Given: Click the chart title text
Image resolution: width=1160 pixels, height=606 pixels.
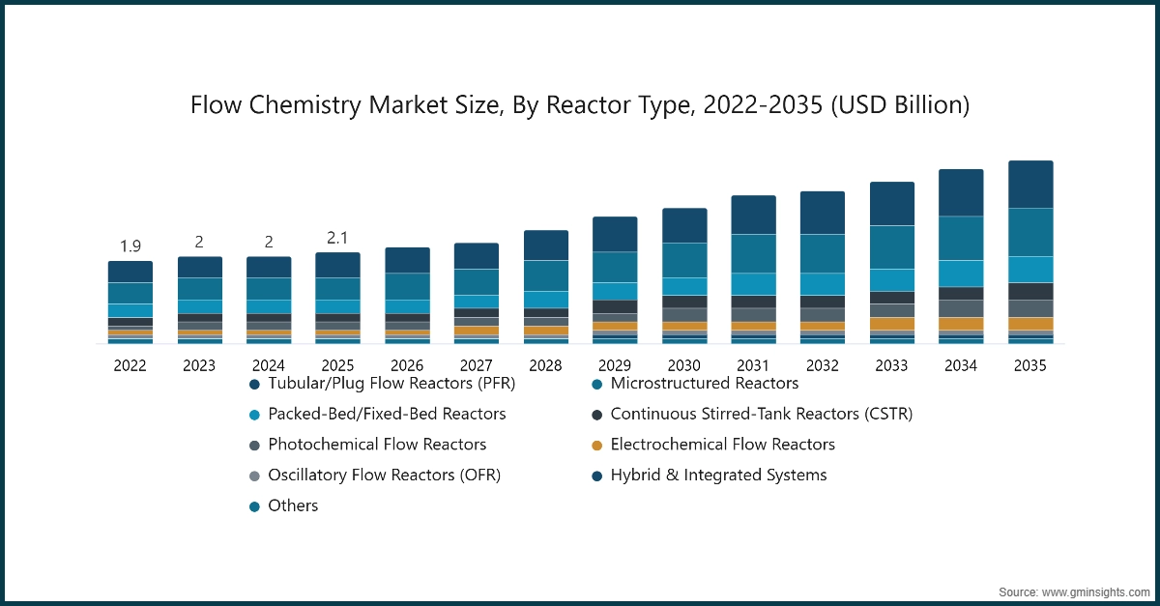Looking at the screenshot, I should tap(579, 104).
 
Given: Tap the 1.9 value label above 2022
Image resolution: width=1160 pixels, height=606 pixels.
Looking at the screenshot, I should tap(130, 245).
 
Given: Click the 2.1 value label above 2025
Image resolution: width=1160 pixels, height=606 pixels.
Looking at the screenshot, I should tap(337, 237).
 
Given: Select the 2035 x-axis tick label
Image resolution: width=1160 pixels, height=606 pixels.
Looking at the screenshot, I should tap(1029, 366).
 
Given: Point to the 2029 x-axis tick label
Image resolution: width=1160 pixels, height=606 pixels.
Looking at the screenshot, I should tap(614, 366).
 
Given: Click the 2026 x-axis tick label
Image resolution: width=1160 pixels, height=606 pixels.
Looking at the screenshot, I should tap(406, 366).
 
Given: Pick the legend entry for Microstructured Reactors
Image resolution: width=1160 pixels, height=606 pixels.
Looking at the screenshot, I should tap(704, 384).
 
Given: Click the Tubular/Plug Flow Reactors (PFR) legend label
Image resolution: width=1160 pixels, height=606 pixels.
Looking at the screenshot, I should tap(391, 384).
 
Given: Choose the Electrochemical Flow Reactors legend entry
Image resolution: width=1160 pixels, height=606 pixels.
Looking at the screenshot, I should tap(722, 445).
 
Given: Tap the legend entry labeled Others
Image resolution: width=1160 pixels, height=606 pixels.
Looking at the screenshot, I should tap(293, 505).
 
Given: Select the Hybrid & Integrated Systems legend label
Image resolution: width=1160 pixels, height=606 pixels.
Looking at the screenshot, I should tap(718, 475).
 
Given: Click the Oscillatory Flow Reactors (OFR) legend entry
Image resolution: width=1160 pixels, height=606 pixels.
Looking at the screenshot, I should tap(384, 475).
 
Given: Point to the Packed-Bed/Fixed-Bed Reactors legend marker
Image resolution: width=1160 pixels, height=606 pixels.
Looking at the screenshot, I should tap(255, 415).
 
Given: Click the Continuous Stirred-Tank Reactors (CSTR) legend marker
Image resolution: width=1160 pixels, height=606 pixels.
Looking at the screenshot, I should tap(597, 415).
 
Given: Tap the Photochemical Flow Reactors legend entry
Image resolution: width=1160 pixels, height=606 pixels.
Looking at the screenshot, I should tap(377, 445).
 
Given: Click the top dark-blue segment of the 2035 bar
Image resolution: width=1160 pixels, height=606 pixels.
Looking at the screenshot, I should tap(1029, 184).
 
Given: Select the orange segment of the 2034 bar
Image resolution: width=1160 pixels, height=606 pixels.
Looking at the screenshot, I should tap(961, 324).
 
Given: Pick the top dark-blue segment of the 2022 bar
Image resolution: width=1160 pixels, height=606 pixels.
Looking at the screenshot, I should tap(130, 272).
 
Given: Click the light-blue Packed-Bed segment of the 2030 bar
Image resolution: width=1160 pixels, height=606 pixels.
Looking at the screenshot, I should tap(683, 286).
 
